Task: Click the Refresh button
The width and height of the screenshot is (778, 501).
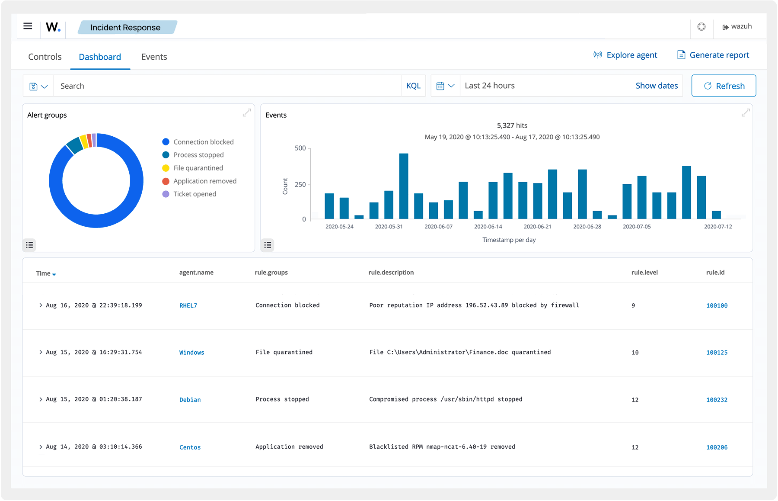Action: (724, 86)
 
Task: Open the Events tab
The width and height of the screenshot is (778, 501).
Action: (154, 57)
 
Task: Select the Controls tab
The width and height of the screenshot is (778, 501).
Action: (45, 57)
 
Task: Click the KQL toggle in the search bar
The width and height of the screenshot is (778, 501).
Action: (413, 86)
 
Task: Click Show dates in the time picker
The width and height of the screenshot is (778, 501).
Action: (656, 86)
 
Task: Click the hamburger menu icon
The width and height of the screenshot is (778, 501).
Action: (28, 26)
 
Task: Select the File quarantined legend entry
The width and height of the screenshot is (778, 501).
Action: (198, 168)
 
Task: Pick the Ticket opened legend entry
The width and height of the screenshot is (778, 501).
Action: (194, 194)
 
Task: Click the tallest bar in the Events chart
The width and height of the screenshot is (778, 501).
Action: (404, 186)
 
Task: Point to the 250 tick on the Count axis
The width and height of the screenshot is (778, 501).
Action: (300, 184)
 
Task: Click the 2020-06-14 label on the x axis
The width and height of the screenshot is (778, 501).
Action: (488, 227)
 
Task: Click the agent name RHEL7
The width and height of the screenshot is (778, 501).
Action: (188, 305)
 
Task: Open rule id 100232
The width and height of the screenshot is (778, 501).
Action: (717, 400)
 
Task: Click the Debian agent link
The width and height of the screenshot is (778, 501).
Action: (190, 400)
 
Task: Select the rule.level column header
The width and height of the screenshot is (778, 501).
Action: (644, 273)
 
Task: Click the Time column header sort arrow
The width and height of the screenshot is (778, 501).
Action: (54, 274)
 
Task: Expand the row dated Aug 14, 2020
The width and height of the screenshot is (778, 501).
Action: (41, 447)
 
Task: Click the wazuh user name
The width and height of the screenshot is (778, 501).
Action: (741, 26)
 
